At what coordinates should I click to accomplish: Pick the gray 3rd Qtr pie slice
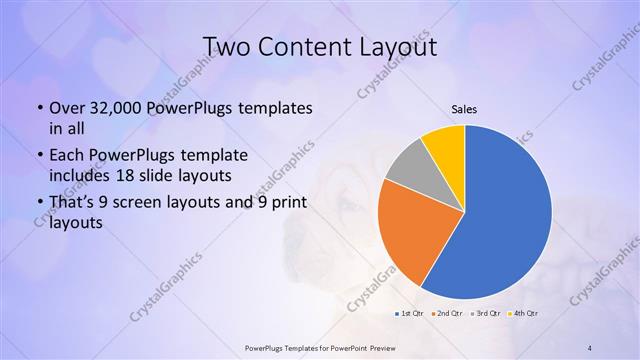point(406,170)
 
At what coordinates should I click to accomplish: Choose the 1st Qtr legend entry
point(410,315)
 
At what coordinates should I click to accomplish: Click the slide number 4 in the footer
point(590,347)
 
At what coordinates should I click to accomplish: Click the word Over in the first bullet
point(67,107)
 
